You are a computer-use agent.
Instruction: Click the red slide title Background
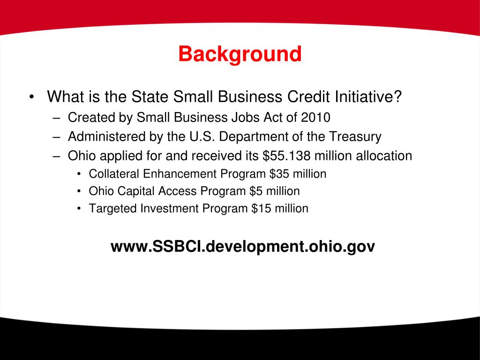240,54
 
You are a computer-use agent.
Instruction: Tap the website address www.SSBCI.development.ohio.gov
243,246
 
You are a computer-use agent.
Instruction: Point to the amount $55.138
284,156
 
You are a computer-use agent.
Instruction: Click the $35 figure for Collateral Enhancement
280,174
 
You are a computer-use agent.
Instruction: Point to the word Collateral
114,174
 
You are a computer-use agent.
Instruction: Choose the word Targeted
112,209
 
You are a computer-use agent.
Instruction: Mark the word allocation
384,156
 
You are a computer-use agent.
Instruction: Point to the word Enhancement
180,174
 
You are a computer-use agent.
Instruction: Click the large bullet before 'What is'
31,97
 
